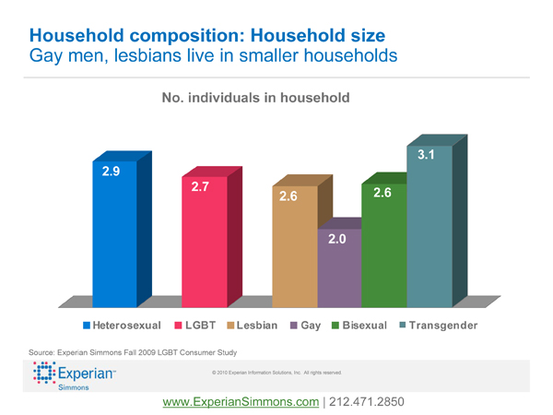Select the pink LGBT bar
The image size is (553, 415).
tap(204, 249)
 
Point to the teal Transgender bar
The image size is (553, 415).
tap(429, 231)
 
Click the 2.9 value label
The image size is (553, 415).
tap(111, 172)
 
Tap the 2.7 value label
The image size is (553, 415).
tap(201, 187)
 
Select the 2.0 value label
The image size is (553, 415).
tap(337, 240)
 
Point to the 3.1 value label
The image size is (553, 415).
tap(426, 155)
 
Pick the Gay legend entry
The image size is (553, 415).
tap(305, 326)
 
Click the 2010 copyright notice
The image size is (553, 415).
tap(276, 373)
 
